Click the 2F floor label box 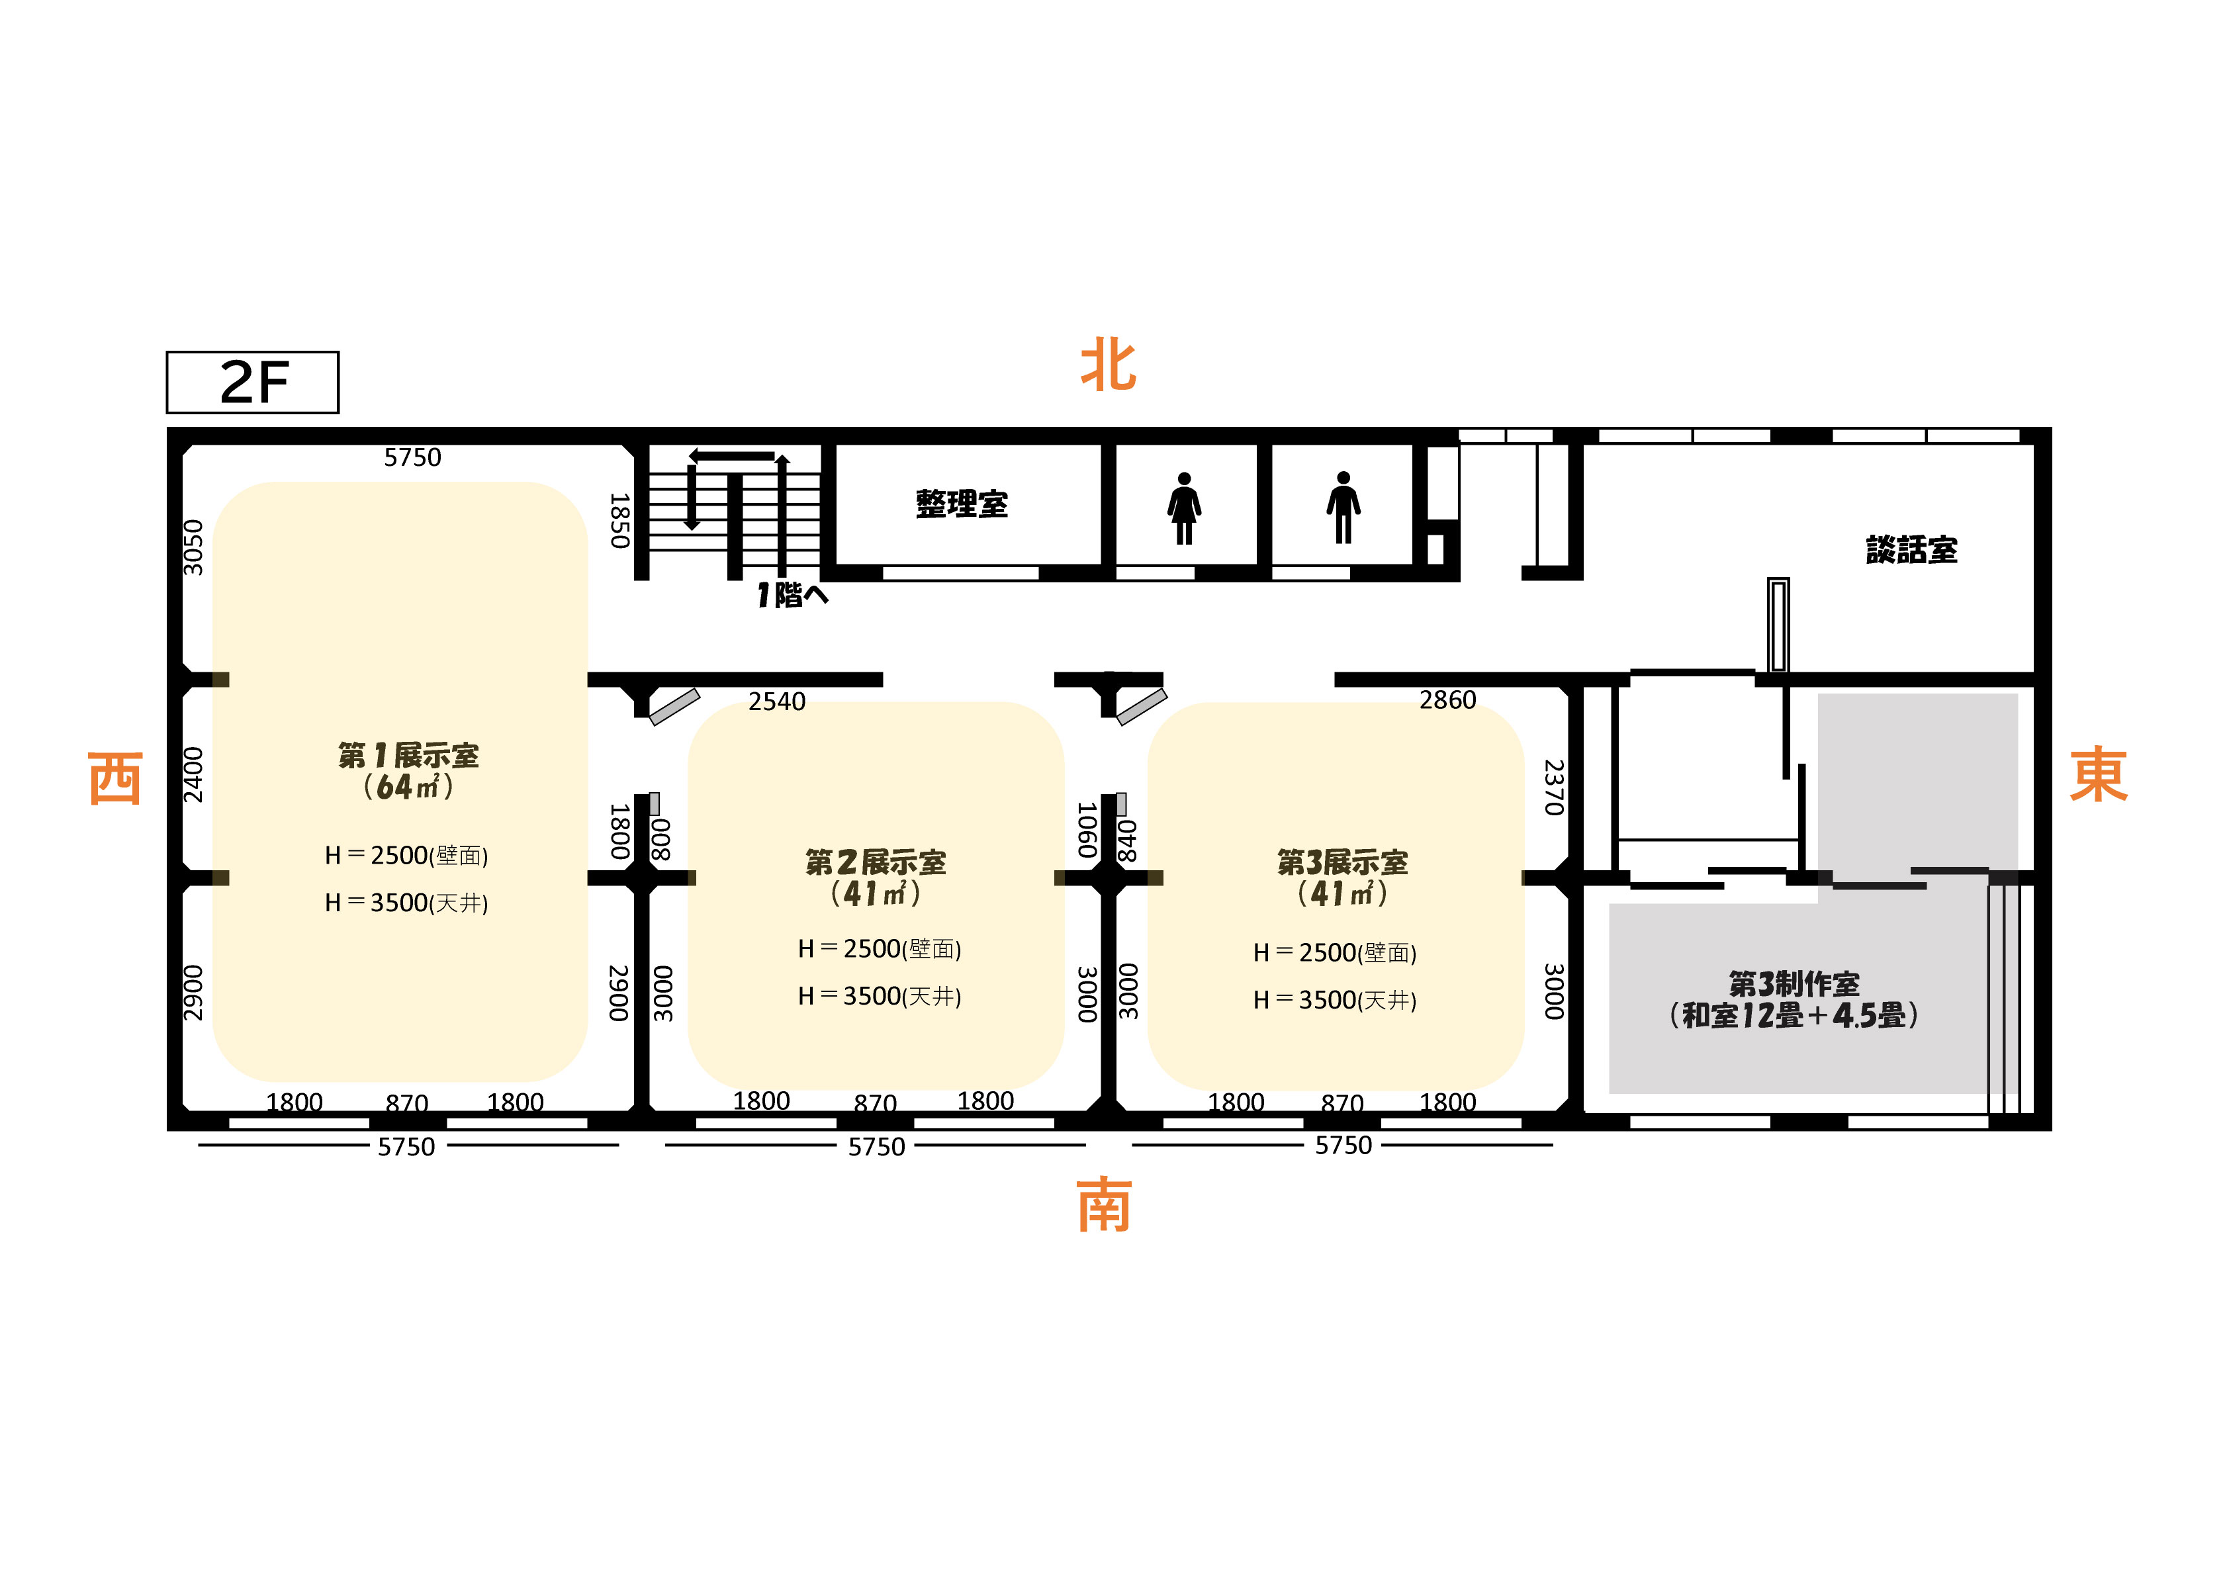pyautogui.click(x=252, y=382)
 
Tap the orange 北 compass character pyautogui.click(x=1109, y=365)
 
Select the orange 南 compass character pyautogui.click(x=1105, y=1205)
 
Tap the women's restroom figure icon pyautogui.click(x=1185, y=508)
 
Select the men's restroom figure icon pyautogui.click(x=1343, y=507)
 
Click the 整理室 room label pyautogui.click(x=962, y=504)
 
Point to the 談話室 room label pyautogui.click(x=1911, y=550)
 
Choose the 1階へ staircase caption pyautogui.click(x=792, y=594)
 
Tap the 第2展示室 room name pyautogui.click(x=876, y=862)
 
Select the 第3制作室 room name pyautogui.click(x=1794, y=983)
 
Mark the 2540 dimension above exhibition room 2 pyautogui.click(x=777, y=701)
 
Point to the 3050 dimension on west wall pyautogui.click(x=194, y=548)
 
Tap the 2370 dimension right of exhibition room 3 pyautogui.click(x=1555, y=787)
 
